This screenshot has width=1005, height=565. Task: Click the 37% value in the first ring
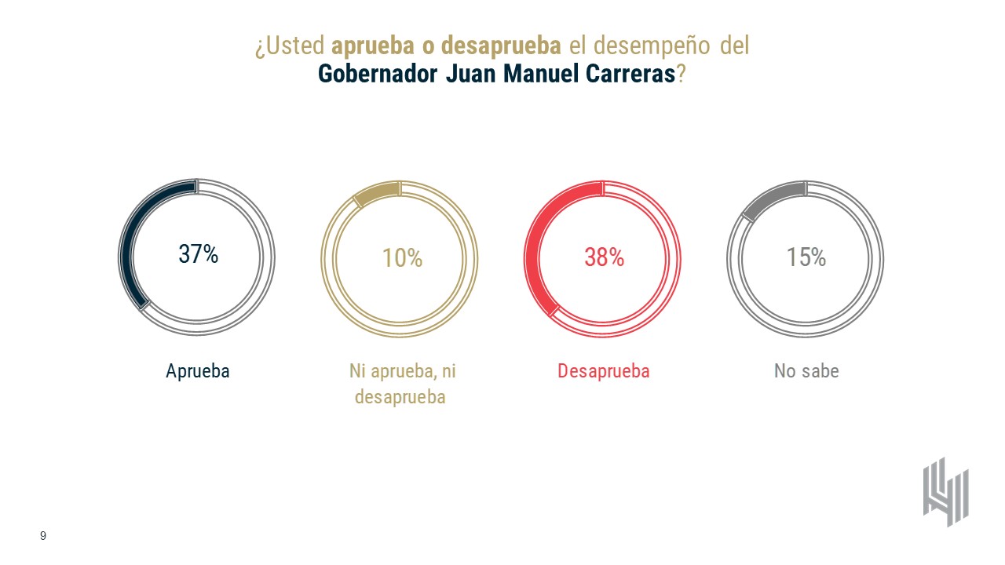pyautogui.click(x=198, y=254)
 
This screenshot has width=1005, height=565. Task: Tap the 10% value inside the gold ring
pyautogui.click(x=402, y=257)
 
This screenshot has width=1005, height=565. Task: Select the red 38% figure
pyautogui.click(x=604, y=257)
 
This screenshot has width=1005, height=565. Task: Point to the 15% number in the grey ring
pyautogui.click(x=806, y=257)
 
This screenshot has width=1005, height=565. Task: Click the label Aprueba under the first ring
pyautogui.click(x=198, y=371)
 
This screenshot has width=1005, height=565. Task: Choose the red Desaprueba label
pyautogui.click(x=604, y=371)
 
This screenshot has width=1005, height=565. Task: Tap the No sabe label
pyautogui.click(x=806, y=371)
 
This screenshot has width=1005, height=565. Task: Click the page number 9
pyautogui.click(x=43, y=536)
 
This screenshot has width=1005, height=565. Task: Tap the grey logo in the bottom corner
pyautogui.click(x=945, y=492)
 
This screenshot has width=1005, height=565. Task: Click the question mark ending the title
pyautogui.click(x=682, y=75)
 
